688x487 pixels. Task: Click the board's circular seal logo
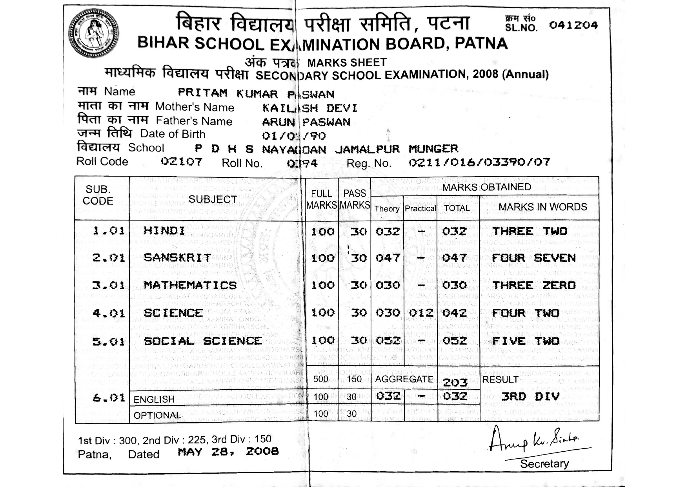93,34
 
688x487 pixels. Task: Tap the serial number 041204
573,26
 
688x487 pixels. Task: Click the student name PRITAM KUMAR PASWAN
256,93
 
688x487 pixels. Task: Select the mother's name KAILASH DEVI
309,108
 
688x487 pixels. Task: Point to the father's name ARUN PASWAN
306,122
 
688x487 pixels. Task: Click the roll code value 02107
182,162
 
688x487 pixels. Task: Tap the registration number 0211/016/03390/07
479,162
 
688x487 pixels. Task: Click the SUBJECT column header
213,199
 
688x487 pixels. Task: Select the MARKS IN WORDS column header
542,207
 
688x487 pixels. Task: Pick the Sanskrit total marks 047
454,258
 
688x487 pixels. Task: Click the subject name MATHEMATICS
190,285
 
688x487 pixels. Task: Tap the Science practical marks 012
421,313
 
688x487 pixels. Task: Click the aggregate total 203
455,382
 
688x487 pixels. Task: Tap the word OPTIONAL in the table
157,415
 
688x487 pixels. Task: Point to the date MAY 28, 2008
228,452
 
